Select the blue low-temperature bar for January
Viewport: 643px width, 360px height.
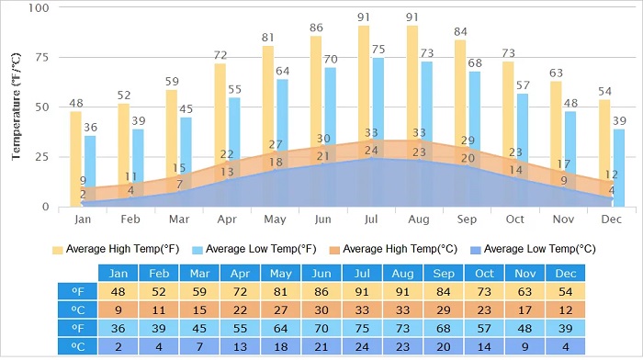click(90, 170)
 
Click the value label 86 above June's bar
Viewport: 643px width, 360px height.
click(316, 28)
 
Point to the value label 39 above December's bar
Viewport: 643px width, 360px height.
click(620, 121)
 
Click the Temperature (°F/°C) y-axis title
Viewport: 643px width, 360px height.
click(17, 107)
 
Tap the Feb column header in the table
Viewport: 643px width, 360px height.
click(159, 274)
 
